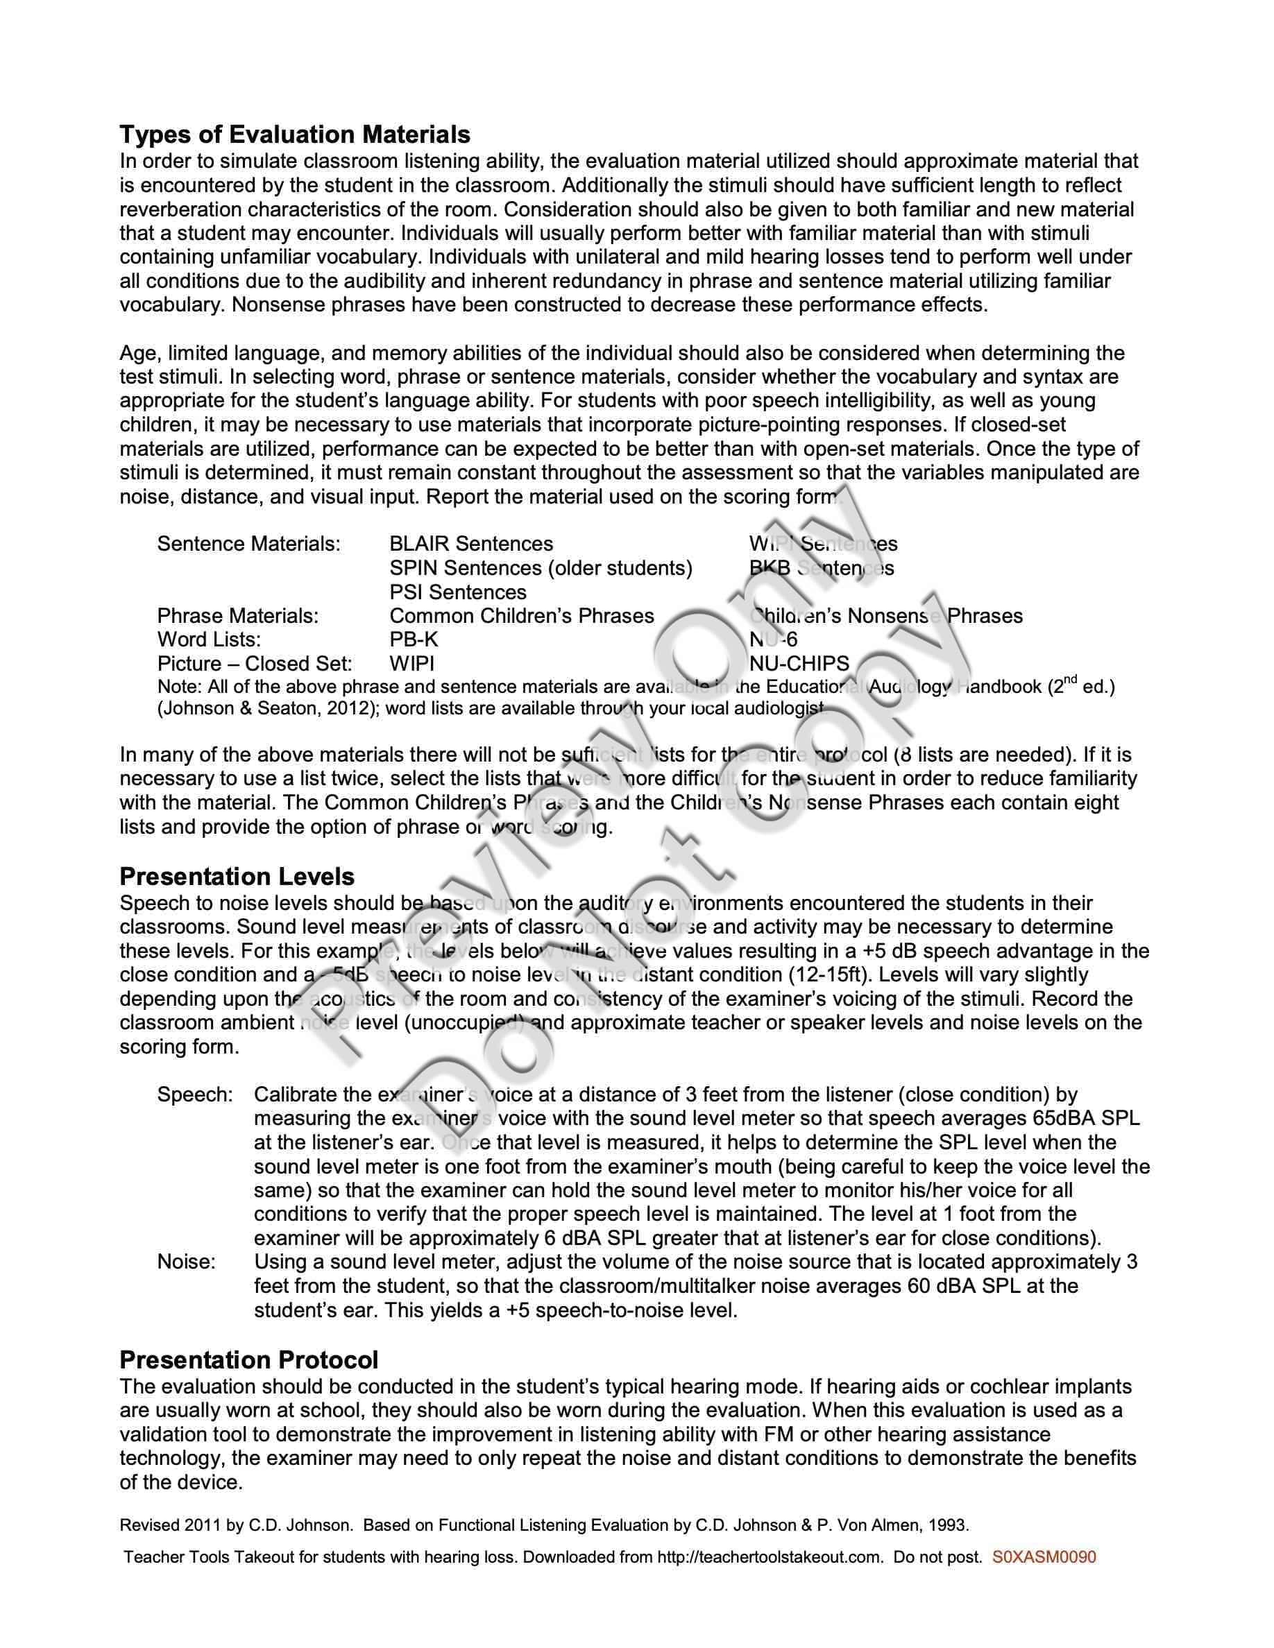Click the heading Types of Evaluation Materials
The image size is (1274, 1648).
pos(295,135)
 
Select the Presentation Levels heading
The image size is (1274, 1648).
pos(237,876)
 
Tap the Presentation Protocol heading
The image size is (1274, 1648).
pos(249,1359)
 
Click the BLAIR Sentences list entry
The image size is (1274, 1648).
pos(471,543)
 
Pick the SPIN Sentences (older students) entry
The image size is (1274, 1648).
pos(541,567)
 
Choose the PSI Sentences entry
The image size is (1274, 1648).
pos(458,592)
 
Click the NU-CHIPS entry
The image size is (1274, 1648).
pos(799,663)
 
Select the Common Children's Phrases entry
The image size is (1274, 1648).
pos(522,616)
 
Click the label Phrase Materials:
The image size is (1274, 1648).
pos(238,616)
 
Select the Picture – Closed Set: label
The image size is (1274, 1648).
pos(255,663)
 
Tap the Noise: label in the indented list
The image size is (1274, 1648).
pos(187,1262)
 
